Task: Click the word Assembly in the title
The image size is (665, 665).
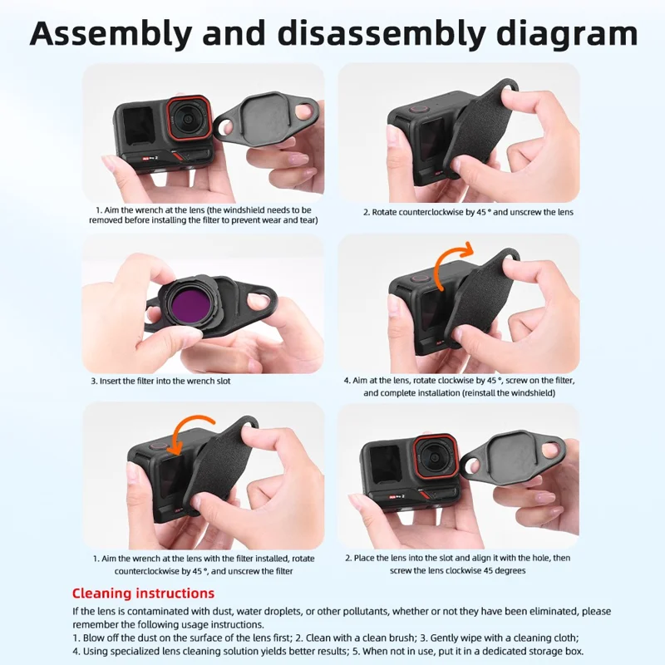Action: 111,34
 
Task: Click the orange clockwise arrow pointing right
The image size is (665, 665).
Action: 451,263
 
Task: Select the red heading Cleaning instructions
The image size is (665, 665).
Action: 143,593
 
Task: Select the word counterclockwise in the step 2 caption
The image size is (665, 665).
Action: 426,212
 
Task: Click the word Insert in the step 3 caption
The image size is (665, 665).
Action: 111,382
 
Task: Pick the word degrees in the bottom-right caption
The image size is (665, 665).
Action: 510,571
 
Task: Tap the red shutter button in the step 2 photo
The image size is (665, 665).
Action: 419,109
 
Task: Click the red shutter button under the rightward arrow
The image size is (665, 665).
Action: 419,279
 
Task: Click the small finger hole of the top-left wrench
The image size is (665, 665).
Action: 224,126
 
